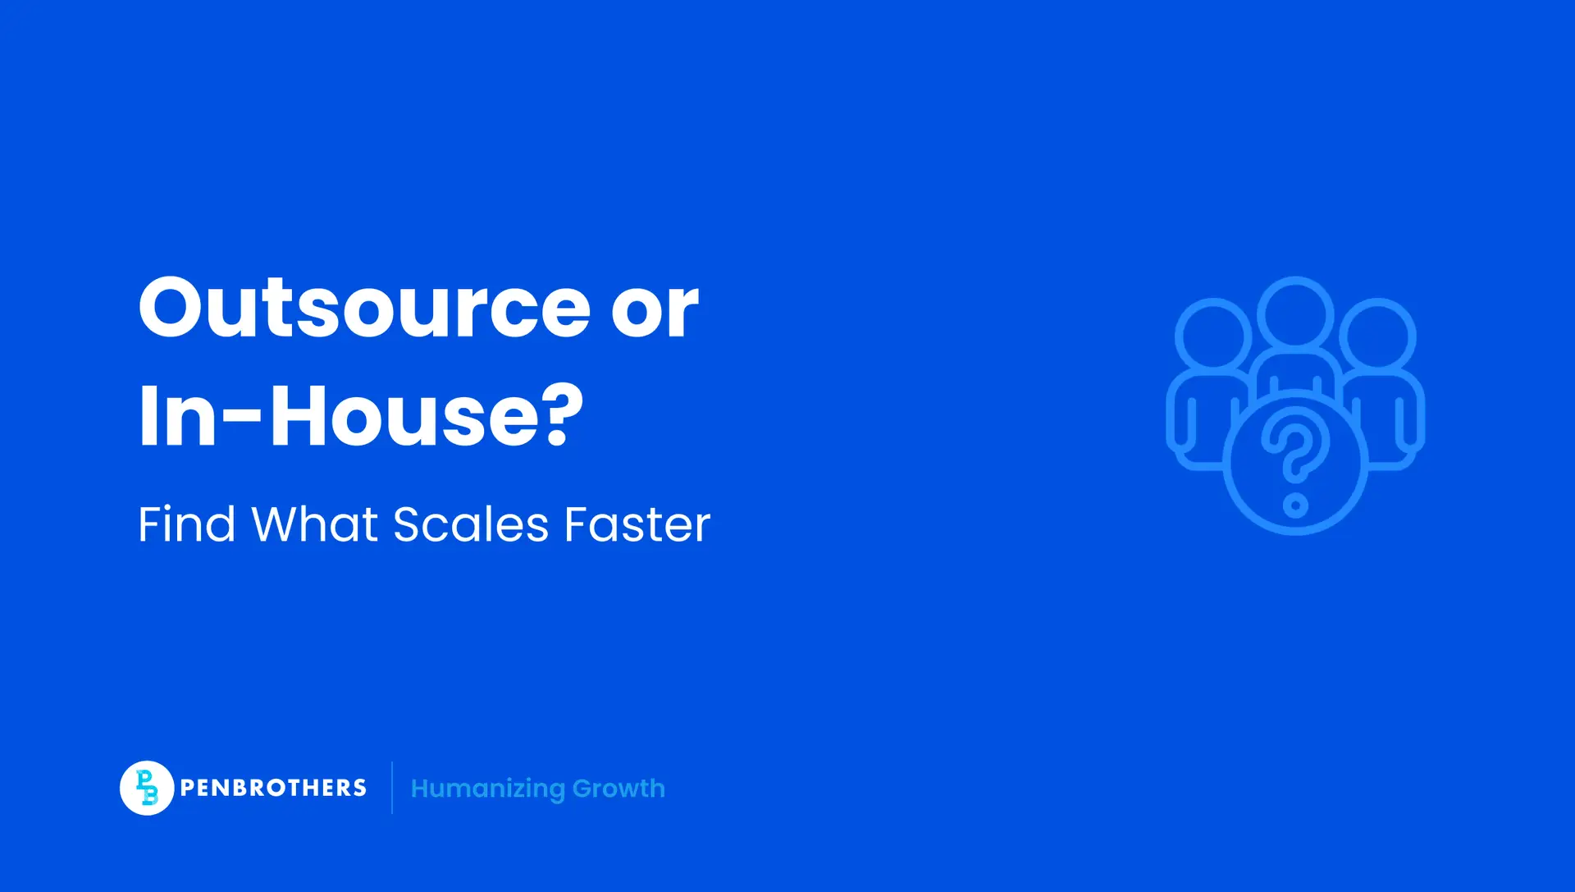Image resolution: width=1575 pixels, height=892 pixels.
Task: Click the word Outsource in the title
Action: [x=364, y=309]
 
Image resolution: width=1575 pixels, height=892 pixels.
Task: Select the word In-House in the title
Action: [x=340, y=416]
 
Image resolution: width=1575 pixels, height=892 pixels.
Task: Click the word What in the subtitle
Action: [x=314, y=524]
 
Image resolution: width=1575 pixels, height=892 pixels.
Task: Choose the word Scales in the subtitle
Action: [x=471, y=524]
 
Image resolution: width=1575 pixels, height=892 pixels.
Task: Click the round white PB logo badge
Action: [x=147, y=788]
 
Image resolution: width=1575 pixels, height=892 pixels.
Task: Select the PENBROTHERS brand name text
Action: [x=273, y=788]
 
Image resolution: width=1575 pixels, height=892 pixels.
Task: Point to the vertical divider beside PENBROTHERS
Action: [x=392, y=788]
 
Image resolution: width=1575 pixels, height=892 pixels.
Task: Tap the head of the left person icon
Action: [x=1212, y=336]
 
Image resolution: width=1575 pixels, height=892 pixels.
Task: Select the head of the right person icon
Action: [x=1378, y=336]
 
